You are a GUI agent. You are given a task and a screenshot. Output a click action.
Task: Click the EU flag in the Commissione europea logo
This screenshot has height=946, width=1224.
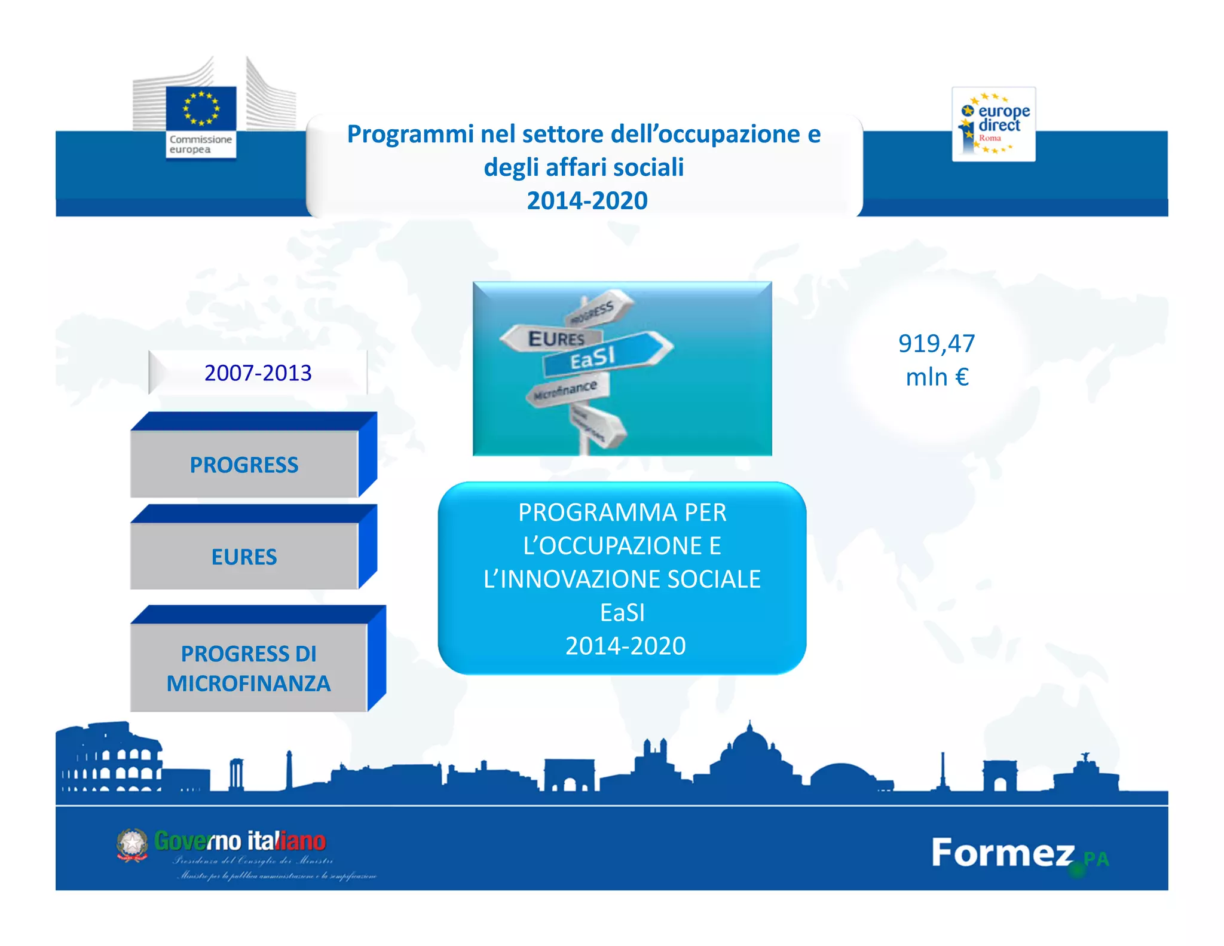click(x=201, y=108)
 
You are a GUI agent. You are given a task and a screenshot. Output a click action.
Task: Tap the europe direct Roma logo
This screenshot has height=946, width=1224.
click(x=993, y=124)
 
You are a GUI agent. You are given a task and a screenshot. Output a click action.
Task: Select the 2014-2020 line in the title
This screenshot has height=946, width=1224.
click(x=587, y=200)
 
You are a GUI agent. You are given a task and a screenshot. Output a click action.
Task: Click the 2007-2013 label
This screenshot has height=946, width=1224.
click(x=258, y=373)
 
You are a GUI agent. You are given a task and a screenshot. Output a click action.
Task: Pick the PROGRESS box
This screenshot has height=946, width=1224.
click(x=244, y=464)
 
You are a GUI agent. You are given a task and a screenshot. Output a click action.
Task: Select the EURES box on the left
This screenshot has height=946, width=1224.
click(x=244, y=556)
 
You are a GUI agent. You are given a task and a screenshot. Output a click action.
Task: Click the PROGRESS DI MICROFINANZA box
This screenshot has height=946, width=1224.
click(x=249, y=668)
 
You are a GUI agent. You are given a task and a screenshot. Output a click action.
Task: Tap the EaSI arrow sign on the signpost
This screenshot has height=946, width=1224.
click(x=604, y=356)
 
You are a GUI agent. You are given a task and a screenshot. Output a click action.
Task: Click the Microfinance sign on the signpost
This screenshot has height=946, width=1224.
click(x=567, y=390)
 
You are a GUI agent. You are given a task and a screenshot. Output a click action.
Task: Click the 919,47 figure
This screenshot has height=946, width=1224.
click(x=936, y=344)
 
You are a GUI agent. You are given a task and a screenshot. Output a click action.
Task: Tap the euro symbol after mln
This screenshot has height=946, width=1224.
click(x=961, y=377)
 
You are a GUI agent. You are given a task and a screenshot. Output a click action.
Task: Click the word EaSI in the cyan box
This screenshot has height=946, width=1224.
click(x=622, y=612)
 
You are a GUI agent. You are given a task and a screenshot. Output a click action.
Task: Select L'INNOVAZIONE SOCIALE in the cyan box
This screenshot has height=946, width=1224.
click(x=622, y=579)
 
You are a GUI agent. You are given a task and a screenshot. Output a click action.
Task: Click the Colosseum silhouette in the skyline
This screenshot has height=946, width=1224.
click(x=111, y=759)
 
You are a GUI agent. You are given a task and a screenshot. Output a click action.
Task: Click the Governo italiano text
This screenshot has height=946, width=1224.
click(x=240, y=841)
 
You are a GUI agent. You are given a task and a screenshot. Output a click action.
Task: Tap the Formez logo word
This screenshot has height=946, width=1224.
click(x=1002, y=853)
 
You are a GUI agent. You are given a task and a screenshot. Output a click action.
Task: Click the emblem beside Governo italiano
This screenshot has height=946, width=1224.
click(x=132, y=844)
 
